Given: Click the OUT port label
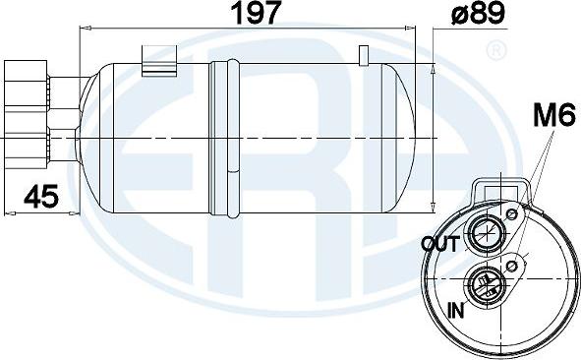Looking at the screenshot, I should point(439,243).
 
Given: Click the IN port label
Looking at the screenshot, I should point(456,311).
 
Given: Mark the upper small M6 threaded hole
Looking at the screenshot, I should point(511,214).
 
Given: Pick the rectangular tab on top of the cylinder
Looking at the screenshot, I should point(155,58).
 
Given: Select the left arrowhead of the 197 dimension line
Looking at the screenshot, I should point(84,30).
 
